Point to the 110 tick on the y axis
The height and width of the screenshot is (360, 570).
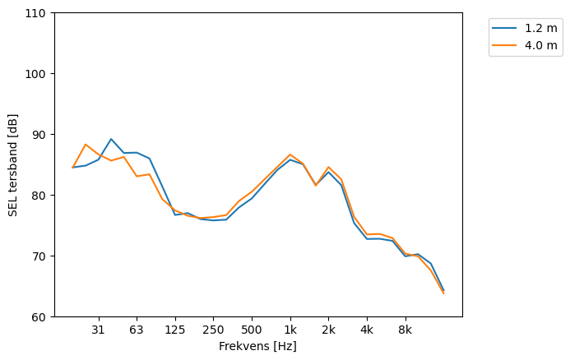pos(38,13)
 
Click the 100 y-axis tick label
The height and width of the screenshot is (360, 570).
pos(38,74)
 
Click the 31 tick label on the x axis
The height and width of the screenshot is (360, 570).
pos(98,330)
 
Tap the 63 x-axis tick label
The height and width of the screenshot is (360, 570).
pos(137,330)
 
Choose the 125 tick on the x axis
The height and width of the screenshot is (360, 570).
pos(174,330)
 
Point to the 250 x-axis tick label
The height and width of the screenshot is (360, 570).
pos(213,330)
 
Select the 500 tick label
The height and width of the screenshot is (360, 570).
pos(252,330)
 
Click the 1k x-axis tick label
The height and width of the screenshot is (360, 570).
pos(290,330)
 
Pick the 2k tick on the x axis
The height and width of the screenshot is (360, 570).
pos(328,330)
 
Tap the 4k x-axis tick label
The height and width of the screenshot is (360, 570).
pos(367,330)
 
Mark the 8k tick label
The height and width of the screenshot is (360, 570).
pos(405,330)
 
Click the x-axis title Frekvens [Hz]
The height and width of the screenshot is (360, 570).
pos(257,347)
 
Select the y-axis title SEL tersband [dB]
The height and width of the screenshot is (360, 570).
pos(12,165)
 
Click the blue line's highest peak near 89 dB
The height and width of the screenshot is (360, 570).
pos(111,139)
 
